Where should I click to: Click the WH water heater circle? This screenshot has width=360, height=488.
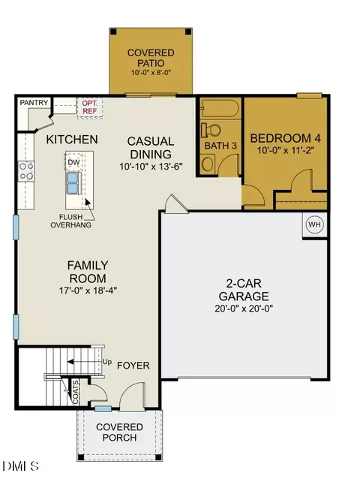click(314, 224)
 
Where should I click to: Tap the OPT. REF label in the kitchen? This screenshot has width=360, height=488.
click(90, 107)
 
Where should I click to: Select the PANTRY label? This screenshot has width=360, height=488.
click(34, 102)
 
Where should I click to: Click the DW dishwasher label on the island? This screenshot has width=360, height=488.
click(73, 162)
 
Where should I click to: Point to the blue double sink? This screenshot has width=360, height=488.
click(73, 183)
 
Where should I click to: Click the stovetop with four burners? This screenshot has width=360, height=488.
click(26, 171)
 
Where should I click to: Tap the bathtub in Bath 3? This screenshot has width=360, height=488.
click(220, 109)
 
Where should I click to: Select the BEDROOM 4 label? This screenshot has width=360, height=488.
click(286, 138)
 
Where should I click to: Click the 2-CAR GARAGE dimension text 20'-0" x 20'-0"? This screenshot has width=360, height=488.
click(244, 309)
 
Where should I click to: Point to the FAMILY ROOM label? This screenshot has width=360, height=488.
click(88, 272)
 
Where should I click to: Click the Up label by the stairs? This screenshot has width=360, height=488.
click(107, 362)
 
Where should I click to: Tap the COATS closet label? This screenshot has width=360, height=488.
click(76, 392)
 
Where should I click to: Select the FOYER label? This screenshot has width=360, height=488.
click(133, 366)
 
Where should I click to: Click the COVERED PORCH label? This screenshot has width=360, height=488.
click(120, 432)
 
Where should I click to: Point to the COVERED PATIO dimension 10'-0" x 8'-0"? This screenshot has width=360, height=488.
click(151, 73)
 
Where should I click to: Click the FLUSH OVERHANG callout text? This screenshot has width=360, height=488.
click(71, 221)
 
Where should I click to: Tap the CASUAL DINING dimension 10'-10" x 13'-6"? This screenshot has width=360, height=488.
click(151, 167)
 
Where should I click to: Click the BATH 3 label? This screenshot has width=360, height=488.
click(220, 146)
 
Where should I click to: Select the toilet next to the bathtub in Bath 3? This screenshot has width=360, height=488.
click(211, 130)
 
